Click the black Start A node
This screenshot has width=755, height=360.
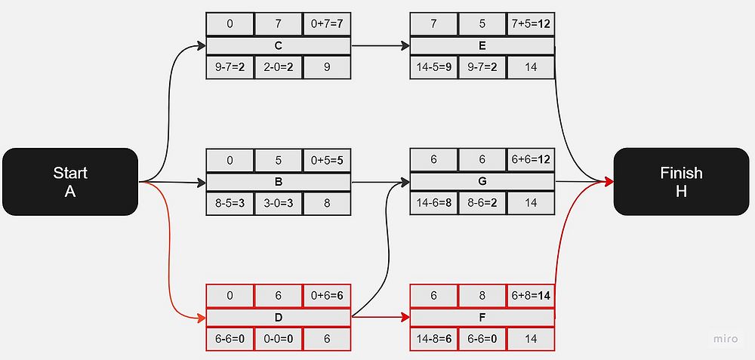69,181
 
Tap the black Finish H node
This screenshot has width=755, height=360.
681,181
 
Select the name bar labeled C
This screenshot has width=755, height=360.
279,46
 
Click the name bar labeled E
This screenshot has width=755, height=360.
482,46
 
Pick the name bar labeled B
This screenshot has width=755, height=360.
279,182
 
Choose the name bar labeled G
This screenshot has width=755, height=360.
482,182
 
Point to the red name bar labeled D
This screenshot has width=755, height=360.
279,318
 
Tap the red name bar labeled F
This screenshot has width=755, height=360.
482,318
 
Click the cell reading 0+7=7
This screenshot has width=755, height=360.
327,24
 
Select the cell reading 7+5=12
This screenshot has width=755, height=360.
531,24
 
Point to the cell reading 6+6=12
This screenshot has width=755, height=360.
531,160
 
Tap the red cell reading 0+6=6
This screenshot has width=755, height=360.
327,296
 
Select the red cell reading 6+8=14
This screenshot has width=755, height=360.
531,296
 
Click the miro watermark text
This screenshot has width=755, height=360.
726,339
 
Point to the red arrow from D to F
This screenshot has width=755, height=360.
381,318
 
